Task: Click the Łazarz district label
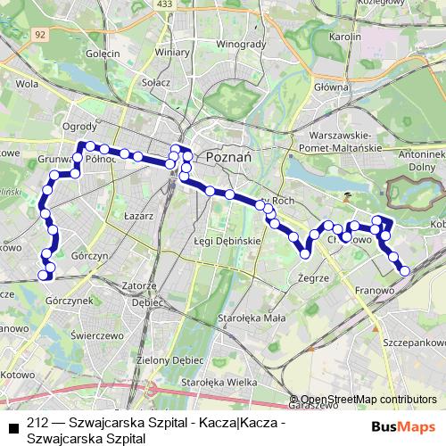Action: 141,216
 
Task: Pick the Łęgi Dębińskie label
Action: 225,241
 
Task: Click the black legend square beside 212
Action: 12,425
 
